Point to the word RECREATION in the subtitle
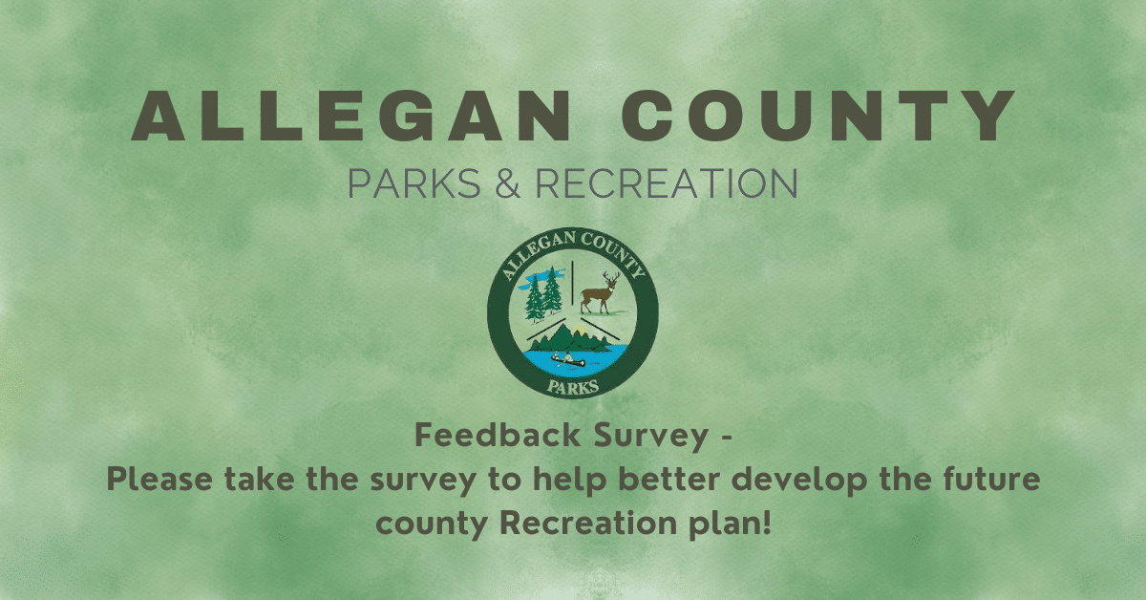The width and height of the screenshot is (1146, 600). click(x=666, y=183)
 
